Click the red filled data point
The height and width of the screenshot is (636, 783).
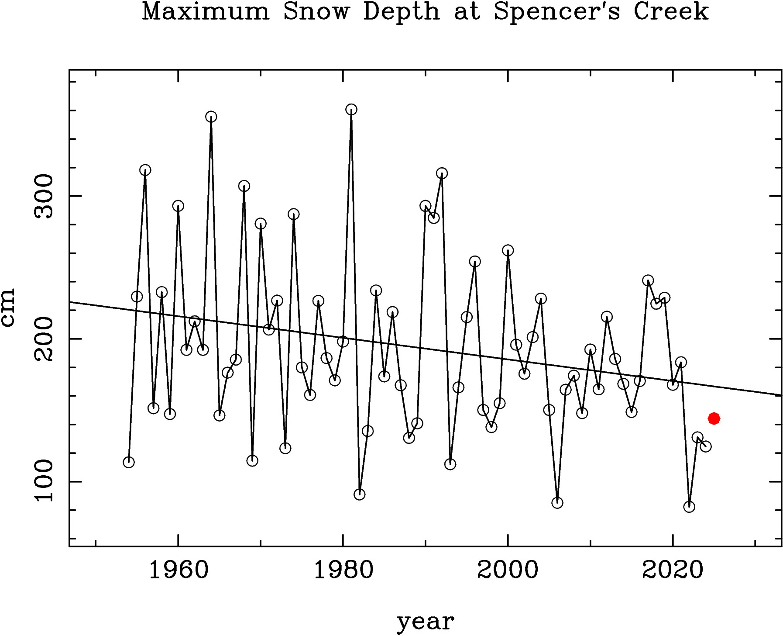tap(714, 418)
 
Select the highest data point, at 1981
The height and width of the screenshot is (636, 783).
tap(351, 110)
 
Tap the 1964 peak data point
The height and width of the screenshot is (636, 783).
tap(211, 117)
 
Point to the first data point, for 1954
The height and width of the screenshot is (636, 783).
tap(129, 462)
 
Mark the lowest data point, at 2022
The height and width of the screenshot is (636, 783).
tap(689, 507)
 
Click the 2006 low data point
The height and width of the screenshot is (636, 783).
tap(557, 503)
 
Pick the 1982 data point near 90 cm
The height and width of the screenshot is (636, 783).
tap(360, 494)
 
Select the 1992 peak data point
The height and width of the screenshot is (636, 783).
tap(442, 173)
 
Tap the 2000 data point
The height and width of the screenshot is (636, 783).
tap(508, 251)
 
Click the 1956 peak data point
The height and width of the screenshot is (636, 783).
tap(145, 170)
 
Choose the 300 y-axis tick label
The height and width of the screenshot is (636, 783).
tap(44, 196)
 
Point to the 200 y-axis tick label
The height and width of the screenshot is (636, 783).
tap(44, 339)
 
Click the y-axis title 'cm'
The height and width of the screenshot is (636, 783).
tap(8, 307)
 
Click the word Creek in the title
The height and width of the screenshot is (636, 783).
tap(671, 12)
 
